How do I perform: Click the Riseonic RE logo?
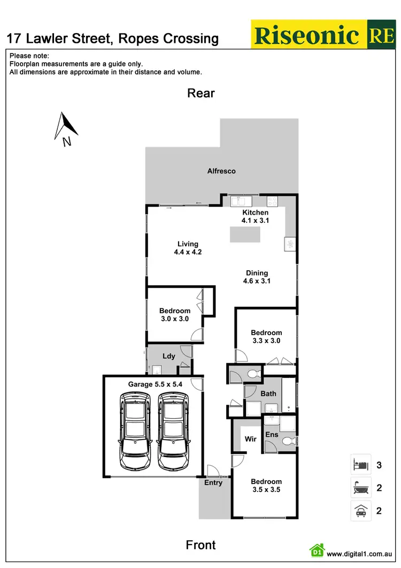(324, 35)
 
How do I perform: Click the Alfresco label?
(221, 171)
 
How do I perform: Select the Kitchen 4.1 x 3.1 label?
(255, 216)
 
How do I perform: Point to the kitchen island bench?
(245, 234)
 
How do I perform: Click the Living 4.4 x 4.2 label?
(188, 248)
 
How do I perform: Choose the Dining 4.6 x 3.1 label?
(257, 277)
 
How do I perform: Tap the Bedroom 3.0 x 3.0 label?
(174, 314)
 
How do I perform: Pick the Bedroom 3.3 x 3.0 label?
(266, 336)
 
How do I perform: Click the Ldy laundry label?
(168, 356)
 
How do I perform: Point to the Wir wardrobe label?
(250, 439)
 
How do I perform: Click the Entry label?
(213, 483)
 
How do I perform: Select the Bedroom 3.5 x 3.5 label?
(266, 485)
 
